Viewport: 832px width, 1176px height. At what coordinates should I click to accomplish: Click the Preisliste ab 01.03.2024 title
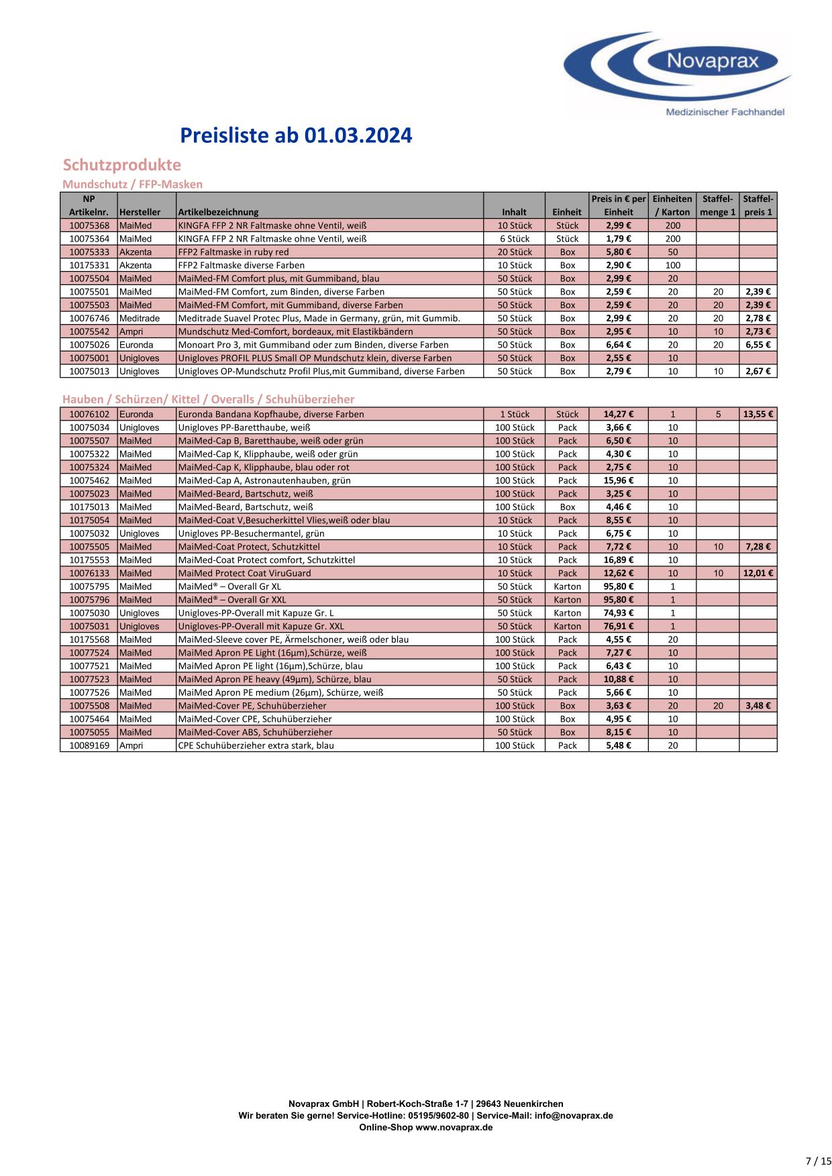point(296,136)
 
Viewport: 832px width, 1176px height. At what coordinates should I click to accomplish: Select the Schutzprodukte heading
point(121,165)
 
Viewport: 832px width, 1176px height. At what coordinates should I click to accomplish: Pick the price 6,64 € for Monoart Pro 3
point(618,345)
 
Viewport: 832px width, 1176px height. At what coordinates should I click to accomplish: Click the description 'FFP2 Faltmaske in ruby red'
point(233,252)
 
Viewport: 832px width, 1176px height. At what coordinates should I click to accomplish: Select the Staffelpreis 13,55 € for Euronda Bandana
point(758,415)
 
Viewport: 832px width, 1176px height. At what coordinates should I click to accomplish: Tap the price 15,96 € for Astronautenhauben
point(618,481)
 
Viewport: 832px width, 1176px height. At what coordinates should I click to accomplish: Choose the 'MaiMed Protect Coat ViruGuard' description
point(244,574)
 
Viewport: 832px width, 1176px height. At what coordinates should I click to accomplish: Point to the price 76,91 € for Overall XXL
point(618,627)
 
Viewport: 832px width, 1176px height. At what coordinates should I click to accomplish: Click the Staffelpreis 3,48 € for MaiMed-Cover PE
point(758,706)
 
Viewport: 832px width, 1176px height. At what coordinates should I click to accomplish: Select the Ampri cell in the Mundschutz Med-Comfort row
point(131,332)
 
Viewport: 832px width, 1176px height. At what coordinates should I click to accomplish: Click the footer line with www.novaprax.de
point(425,1128)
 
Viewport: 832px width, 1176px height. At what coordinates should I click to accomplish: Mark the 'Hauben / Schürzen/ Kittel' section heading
point(208,400)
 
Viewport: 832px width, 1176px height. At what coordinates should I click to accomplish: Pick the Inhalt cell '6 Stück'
point(515,239)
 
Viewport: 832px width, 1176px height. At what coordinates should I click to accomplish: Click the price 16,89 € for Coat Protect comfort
point(618,560)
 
